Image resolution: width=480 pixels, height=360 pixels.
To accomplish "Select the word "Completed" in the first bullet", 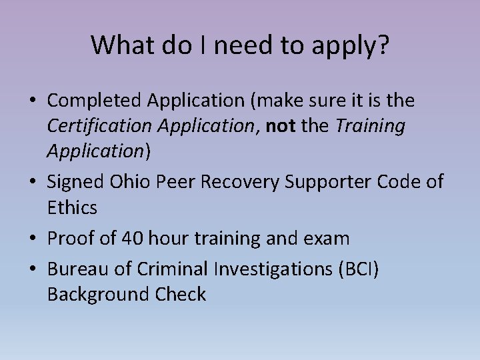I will click(x=93, y=101).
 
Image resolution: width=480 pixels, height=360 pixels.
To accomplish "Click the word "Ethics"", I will click(x=72, y=208).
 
